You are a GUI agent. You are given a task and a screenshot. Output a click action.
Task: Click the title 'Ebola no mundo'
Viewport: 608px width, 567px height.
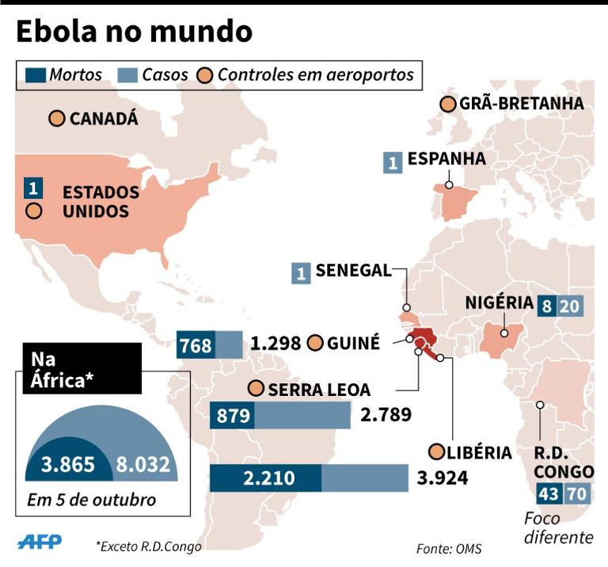click(134, 32)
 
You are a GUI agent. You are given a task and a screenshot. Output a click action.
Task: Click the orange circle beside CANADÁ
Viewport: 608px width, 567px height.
click(56, 119)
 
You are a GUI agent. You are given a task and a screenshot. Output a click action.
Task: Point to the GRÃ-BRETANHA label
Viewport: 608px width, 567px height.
click(522, 104)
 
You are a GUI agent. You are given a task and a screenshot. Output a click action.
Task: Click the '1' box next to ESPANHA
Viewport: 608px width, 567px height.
click(392, 162)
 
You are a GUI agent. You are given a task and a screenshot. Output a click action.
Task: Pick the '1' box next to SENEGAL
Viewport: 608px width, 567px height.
click(300, 273)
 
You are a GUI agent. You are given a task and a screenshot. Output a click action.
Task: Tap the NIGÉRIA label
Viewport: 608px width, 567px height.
click(499, 303)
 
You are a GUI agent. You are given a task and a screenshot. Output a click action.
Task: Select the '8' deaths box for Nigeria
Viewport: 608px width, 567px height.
click(545, 306)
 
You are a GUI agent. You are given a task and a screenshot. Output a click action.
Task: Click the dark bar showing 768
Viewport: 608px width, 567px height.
click(196, 345)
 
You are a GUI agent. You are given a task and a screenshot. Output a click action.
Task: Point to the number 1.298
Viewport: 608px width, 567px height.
click(275, 344)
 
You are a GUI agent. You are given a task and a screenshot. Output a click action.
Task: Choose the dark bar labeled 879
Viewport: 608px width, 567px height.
click(232, 415)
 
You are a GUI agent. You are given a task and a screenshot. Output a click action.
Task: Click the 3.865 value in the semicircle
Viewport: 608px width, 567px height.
click(67, 464)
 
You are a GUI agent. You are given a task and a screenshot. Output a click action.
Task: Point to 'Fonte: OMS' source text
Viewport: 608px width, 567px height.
click(448, 548)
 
